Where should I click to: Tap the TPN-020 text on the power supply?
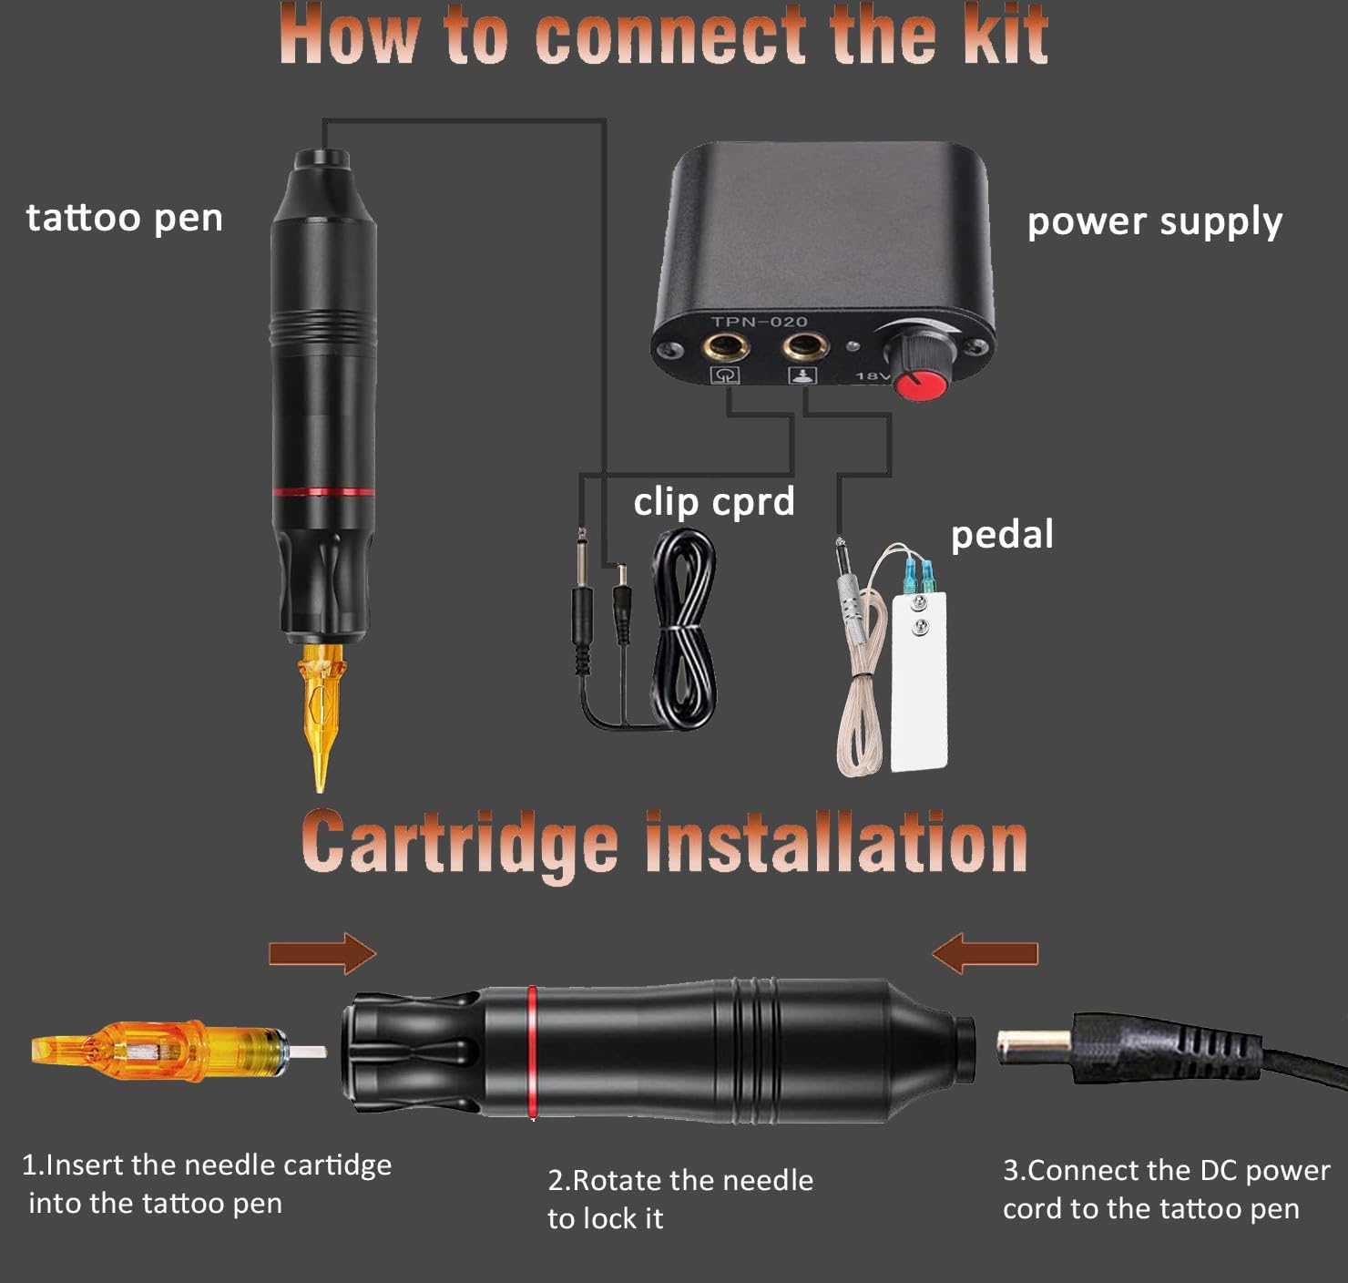click(x=759, y=321)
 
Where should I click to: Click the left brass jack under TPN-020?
click(x=722, y=345)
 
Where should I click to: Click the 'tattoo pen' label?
click(x=125, y=219)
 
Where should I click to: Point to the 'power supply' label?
click(x=1155, y=222)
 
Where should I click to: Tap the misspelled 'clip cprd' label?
click(x=714, y=502)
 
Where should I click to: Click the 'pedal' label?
click(x=1002, y=535)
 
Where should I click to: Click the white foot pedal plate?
click(x=920, y=682)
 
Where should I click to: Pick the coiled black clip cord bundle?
click(x=683, y=629)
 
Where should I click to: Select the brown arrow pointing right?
click(x=322, y=953)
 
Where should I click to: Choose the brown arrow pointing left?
click(x=985, y=953)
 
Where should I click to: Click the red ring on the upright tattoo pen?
click(x=323, y=491)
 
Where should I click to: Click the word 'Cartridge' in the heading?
click(x=459, y=843)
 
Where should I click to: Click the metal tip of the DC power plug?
click(x=1033, y=1047)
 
